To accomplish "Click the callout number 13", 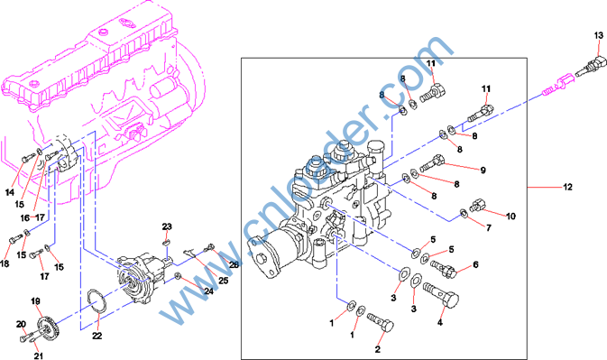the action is (x=599, y=35).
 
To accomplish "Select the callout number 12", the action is (x=567, y=187).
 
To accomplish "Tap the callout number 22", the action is (x=97, y=336).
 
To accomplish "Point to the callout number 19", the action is (x=35, y=301).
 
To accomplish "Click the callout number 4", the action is (x=440, y=322).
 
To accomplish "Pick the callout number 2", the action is (x=377, y=349).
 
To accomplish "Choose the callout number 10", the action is (x=511, y=216).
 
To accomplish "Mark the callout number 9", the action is (x=483, y=170).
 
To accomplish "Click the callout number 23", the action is (x=167, y=226).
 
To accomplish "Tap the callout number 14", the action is (x=10, y=192).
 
